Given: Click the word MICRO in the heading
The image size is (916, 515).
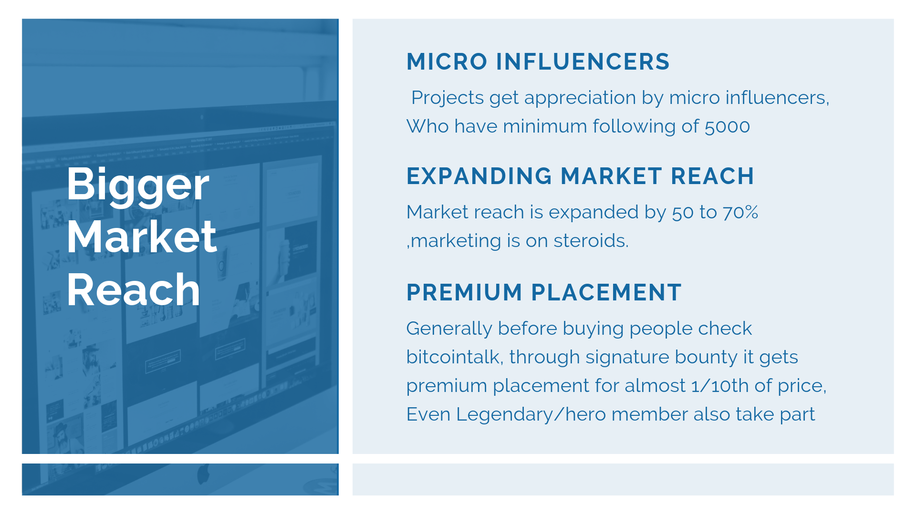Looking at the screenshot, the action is click(447, 62).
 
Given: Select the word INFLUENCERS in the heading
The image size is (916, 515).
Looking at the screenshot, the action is click(583, 62).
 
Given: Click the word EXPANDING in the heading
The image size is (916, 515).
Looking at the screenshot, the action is click(479, 176).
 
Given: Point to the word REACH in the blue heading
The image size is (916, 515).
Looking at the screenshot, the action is click(712, 176).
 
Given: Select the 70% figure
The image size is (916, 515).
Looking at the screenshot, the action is click(740, 212).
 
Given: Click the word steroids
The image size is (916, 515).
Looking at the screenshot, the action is click(591, 241).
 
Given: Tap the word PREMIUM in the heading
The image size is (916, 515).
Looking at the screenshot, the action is click(464, 293).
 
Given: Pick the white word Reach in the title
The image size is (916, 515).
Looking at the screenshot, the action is click(134, 289).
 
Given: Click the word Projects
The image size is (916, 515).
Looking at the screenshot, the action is click(448, 98).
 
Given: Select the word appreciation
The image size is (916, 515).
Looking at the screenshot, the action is click(580, 98).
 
